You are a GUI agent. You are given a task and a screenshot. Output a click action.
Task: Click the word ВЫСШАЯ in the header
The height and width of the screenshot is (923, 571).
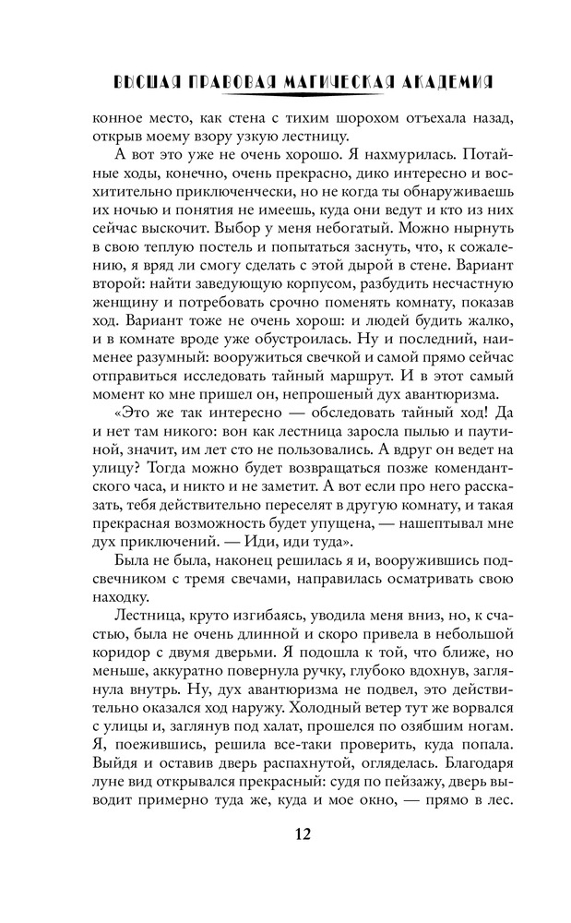click(144, 82)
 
